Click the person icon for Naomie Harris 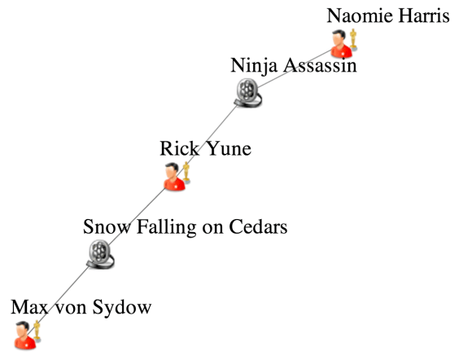[341, 43]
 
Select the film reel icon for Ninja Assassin [247, 94]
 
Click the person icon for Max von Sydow [24, 335]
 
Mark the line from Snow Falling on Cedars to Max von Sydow [63, 294]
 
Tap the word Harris [424, 15]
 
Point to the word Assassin [317, 64]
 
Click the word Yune [228, 148]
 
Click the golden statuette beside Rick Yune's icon [186, 172]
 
